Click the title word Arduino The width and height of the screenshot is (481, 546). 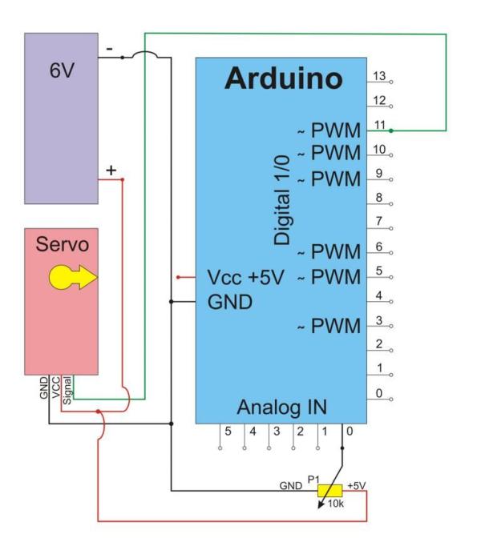click(x=283, y=78)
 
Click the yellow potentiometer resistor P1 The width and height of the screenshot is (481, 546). click(x=329, y=491)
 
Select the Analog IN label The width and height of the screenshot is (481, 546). click(x=282, y=405)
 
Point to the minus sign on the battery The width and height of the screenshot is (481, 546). click(x=109, y=49)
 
